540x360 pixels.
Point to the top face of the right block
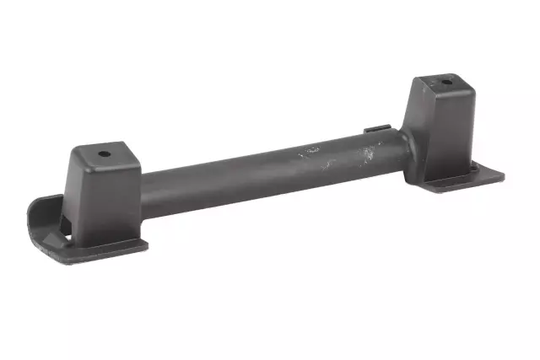point(440,85)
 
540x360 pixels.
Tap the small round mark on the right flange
point(473,169)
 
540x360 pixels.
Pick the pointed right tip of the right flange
point(504,177)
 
